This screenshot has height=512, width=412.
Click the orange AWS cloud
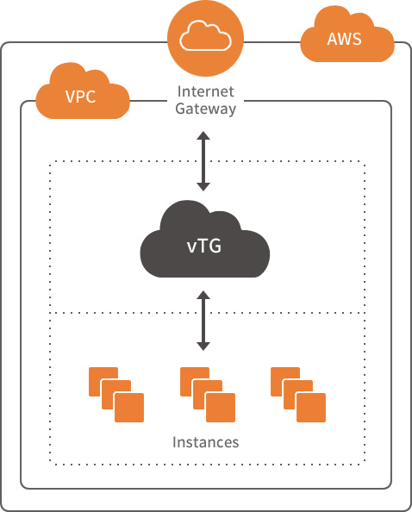347,36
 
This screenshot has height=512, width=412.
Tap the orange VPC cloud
82,93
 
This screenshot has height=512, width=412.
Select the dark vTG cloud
205,241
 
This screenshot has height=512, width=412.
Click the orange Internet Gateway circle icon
206,38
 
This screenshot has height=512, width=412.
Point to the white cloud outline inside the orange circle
206,36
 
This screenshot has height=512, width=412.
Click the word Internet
206,91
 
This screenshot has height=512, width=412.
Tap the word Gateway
206,109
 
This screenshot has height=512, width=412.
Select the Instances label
206,442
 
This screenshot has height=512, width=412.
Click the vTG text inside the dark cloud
204,246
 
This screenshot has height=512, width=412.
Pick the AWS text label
345,39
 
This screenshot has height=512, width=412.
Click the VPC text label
81,97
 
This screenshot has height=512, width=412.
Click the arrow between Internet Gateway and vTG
203,161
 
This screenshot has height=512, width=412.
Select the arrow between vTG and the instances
203,321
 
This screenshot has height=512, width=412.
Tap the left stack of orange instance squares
116,395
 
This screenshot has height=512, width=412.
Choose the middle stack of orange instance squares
208,395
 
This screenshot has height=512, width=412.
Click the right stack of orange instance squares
298,395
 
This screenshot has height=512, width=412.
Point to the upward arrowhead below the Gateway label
203,135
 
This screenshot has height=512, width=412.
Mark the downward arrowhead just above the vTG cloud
203,187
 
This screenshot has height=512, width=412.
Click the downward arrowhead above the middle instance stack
203,347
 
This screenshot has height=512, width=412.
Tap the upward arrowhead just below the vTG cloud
203,295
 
